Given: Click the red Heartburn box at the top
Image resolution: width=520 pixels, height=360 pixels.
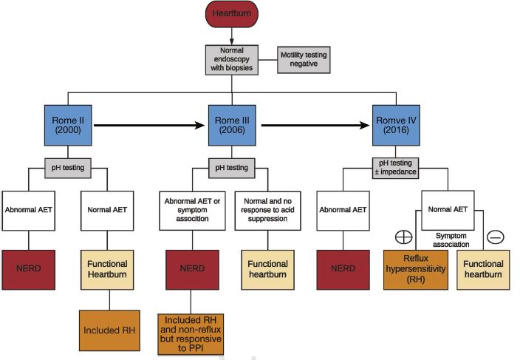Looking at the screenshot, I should click(x=232, y=15).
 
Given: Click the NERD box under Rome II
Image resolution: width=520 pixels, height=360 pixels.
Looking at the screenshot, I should click(x=29, y=269).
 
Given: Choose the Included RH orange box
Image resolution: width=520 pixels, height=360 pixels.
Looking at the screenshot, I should click(x=109, y=330).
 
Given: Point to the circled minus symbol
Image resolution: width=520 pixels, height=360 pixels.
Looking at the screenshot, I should click(x=496, y=237).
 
